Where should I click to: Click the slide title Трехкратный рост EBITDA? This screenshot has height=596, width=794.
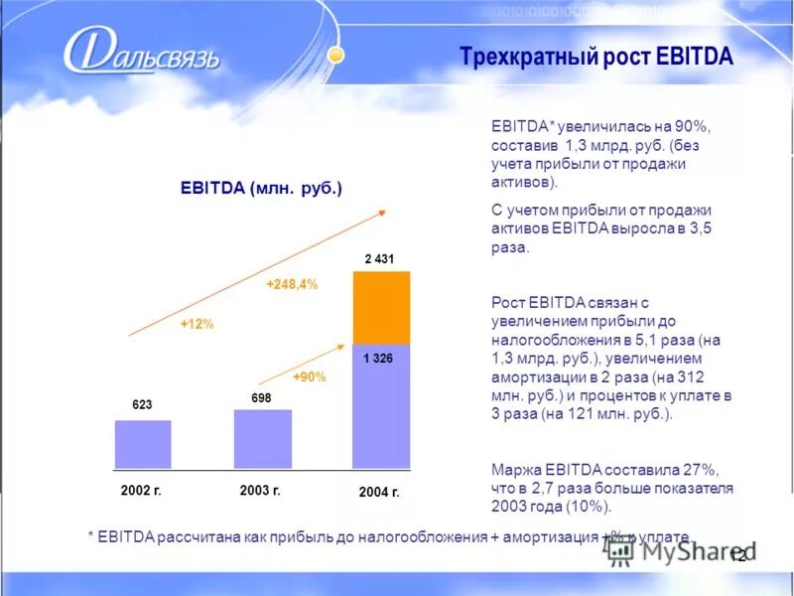click(595, 56)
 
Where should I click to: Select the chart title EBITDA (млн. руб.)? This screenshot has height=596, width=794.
click(260, 188)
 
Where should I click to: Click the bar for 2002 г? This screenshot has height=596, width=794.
click(143, 444)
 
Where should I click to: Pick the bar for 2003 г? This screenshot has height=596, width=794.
click(262, 438)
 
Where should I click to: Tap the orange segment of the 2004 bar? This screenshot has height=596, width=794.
click(381, 307)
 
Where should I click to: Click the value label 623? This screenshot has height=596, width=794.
click(142, 405)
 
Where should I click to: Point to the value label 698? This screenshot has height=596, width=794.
click(261, 397)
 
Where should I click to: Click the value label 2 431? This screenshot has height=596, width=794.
click(379, 259)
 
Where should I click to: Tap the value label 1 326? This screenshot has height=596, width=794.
click(378, 358)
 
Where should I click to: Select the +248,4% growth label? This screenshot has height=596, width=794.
click(292, 284)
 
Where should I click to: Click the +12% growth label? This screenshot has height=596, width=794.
click(197, 324)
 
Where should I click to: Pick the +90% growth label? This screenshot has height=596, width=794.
click(309, 377)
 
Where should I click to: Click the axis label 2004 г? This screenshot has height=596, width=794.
click(378, 493)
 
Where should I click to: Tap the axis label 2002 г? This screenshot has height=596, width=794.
click(141, 490)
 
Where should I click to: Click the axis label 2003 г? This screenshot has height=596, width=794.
click(260, 490)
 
